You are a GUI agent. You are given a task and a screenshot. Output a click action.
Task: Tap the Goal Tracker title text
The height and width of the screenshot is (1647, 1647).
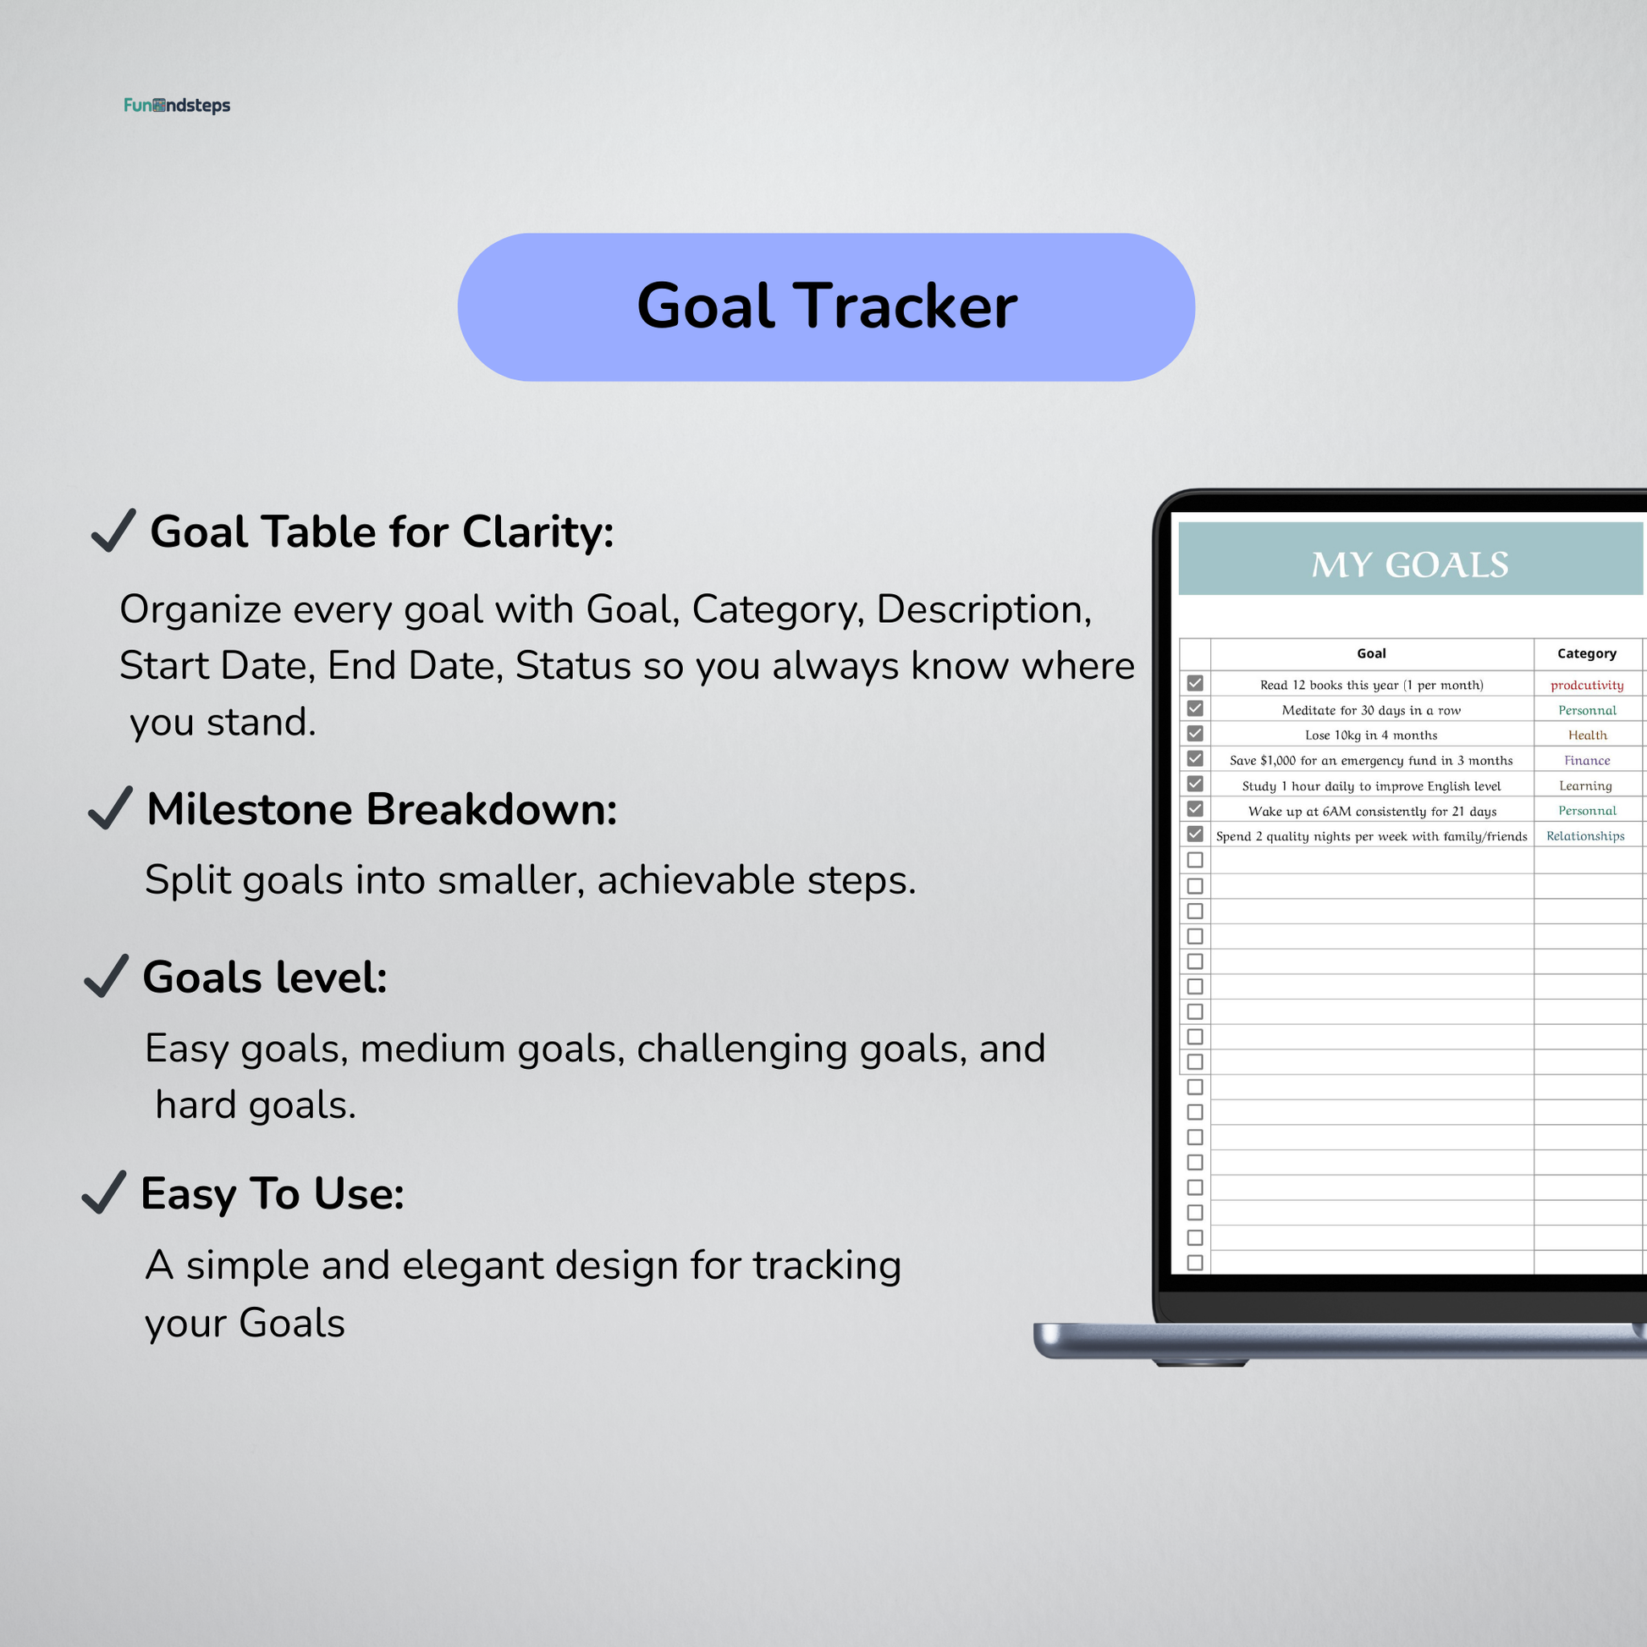tap(827, 306)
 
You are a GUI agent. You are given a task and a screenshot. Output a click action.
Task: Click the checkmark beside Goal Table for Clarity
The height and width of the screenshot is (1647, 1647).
tap(113, 531)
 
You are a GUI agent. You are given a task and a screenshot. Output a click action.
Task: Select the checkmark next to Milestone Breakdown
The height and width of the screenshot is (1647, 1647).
tap(110, 807)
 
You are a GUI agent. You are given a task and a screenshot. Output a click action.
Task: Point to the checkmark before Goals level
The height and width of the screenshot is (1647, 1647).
tap(107, 975)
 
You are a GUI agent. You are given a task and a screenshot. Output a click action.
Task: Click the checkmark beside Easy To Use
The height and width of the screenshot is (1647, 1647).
tap(104, 1192)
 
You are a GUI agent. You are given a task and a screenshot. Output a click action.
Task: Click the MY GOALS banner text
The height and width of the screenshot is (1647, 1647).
tap(1410, 565)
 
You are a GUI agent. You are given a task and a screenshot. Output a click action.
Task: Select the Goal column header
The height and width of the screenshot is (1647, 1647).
tap(1371, 654)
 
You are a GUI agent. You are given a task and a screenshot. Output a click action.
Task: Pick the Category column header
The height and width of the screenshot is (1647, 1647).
tap(1586, 654)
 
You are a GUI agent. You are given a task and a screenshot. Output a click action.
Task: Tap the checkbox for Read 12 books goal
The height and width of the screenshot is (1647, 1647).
tap(1195, 684)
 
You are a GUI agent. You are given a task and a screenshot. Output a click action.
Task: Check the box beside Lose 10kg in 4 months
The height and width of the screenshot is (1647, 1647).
tap(1195, 734)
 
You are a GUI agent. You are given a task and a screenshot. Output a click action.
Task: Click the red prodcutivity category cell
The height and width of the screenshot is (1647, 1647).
tap(1586, 686)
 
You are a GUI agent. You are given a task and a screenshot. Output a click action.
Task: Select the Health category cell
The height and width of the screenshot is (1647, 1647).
tap(1587, 735)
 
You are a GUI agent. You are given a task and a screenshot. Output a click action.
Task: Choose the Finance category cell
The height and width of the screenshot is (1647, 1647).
tap(1587, 760)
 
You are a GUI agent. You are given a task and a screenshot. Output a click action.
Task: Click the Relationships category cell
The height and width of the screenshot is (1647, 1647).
tap(1585, 835)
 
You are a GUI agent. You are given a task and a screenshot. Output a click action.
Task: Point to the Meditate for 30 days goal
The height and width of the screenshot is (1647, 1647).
tap(1371, 710)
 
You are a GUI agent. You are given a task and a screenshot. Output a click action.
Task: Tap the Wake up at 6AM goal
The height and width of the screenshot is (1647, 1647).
tap(1372, 811)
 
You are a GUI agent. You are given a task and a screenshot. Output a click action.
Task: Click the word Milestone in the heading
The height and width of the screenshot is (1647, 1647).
tap(250, 809)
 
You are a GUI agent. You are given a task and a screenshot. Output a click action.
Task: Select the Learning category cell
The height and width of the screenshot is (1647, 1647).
tap(1585, 786)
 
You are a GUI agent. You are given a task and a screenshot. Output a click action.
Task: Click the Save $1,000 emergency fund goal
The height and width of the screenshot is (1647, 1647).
tap(1371, 760)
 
